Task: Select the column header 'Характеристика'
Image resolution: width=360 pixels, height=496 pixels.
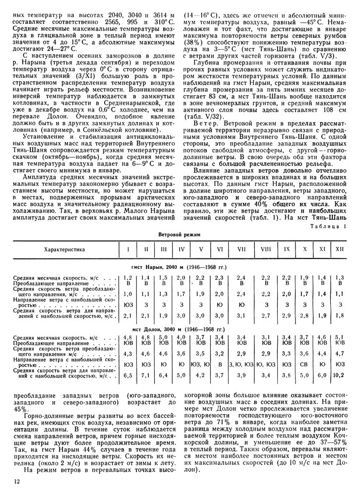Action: (64, 249)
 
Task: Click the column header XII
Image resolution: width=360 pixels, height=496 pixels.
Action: (340, 249)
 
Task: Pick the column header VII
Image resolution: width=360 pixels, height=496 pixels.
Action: (242, 249)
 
